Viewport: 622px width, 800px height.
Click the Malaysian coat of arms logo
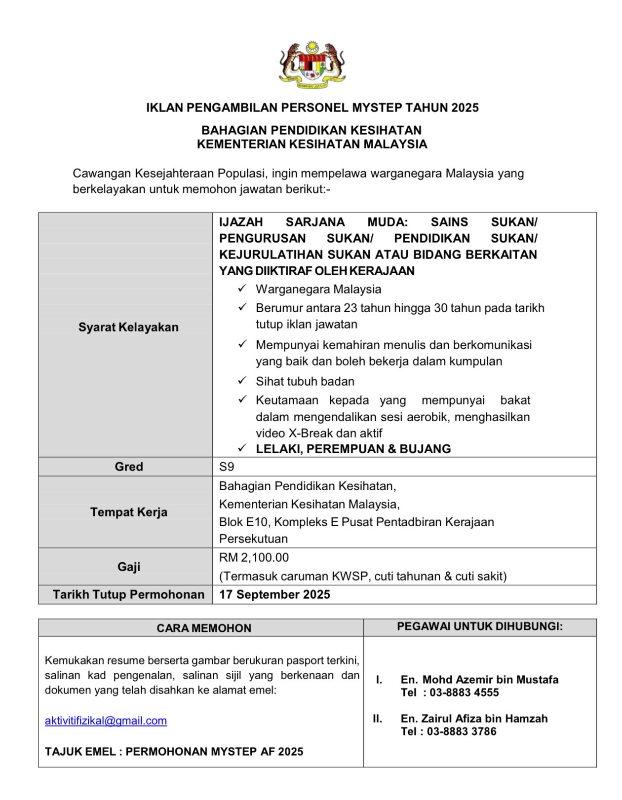point(312,65)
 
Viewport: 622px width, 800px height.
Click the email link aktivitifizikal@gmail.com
point(106,721)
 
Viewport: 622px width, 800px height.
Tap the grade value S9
point(227,467)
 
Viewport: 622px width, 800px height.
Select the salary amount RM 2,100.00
point(254,557)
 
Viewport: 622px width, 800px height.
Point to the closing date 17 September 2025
point(274,594)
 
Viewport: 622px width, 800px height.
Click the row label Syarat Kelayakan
point(128,327)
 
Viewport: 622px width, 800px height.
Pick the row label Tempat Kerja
point(128,512)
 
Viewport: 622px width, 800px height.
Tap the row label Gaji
point(128,567)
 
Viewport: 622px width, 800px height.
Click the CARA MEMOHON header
point(204,628)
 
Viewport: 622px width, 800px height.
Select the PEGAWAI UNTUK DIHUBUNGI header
point(480,626)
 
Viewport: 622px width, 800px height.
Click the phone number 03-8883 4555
point(464,692)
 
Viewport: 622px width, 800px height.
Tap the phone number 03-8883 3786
point(462,731)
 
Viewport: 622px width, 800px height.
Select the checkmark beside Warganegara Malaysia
point(242,288)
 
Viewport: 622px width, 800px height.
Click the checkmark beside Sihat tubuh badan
point(242,380)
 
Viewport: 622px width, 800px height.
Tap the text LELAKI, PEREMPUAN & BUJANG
point(353,449)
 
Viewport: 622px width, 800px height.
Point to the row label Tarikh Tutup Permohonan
point(128,594)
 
